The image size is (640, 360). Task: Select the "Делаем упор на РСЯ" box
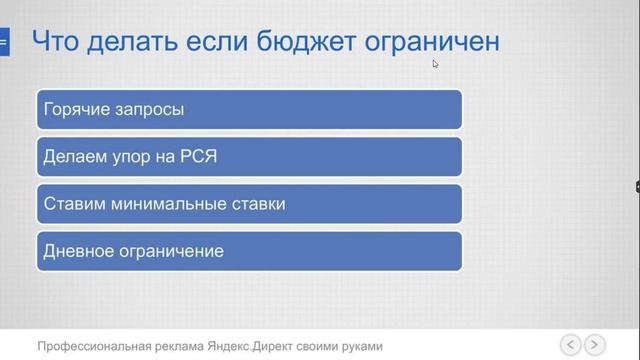(249, 157)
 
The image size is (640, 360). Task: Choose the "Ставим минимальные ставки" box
(249, 204)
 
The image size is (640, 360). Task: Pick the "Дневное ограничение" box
(249, 251)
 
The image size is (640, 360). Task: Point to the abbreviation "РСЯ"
(198, 157)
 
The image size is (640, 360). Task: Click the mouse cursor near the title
(435, 64)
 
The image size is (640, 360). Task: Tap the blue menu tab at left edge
(4, 42)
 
